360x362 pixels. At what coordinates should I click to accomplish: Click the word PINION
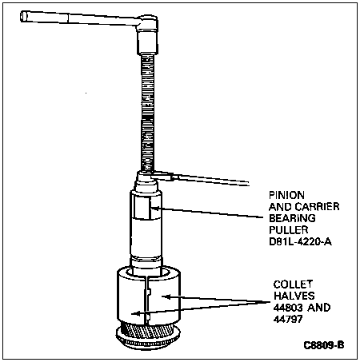pos(286,195)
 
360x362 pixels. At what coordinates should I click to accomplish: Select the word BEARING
pos(292,218)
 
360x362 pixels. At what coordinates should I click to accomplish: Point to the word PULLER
pos(289,230)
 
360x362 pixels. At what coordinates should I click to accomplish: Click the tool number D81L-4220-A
pos(301,241)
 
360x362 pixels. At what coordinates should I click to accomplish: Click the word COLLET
pos(293,284)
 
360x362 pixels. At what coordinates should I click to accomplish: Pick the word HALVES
pos(294,296)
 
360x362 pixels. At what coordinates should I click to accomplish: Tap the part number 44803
pos(288,308)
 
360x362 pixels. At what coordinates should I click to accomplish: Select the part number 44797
pos(288,319)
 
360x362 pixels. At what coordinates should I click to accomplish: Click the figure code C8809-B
pos(324,345)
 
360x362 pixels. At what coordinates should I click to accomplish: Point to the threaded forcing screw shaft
pos(147,113)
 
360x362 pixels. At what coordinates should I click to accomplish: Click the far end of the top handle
pos(23,16)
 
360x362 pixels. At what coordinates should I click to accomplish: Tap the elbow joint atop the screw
pos(147,34)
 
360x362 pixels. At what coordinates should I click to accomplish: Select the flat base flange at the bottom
pos(148,338)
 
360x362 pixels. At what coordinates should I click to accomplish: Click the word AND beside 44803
pos(319,308)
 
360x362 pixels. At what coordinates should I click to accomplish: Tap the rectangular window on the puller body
pos(142,208)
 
